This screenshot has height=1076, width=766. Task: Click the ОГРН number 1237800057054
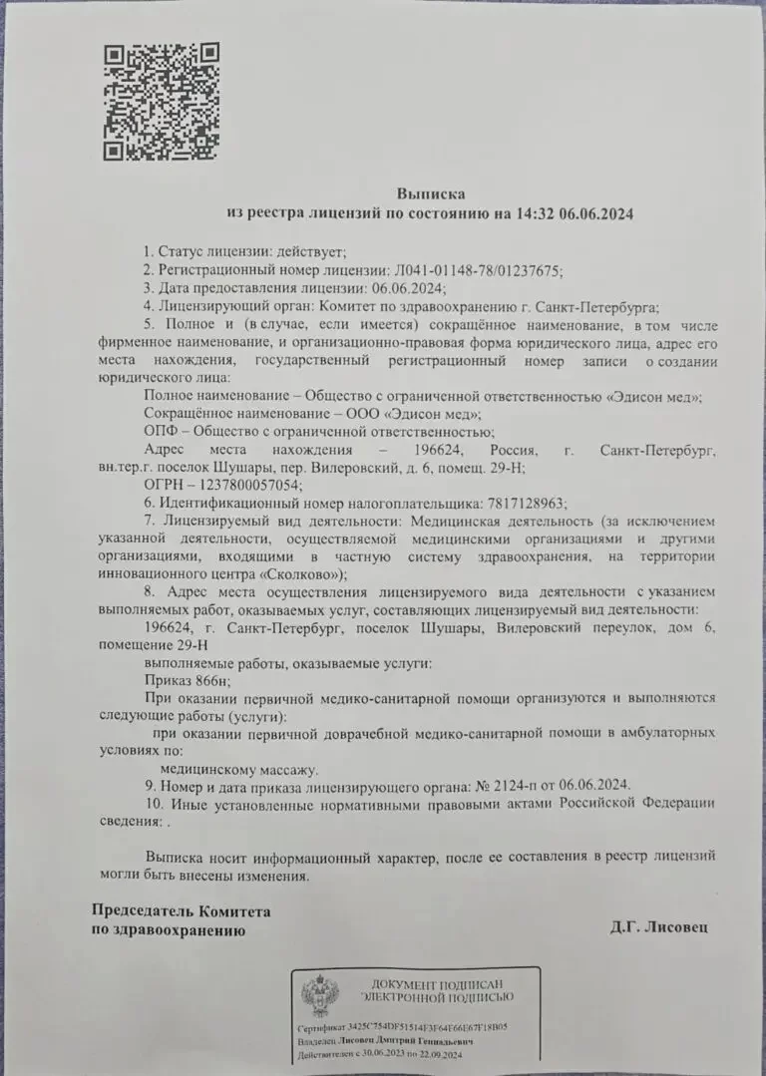pyautogui.click(x=250, y=485)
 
